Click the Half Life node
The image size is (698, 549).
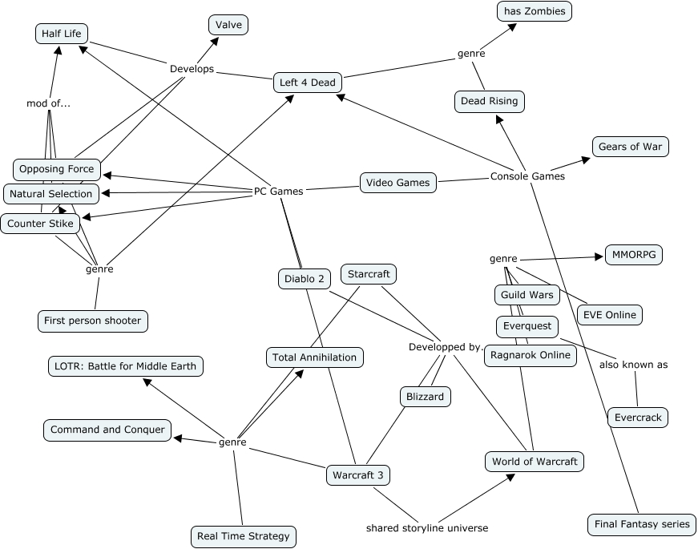62,33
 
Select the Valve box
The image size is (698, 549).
228,25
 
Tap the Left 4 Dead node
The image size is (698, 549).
307,83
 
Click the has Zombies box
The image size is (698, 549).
535,11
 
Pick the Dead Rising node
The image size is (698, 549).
489,101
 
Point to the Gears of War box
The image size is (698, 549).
630,147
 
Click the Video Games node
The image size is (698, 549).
398,182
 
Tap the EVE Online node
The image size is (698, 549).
610,315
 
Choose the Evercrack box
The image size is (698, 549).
637,418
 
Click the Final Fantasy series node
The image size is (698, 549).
642,524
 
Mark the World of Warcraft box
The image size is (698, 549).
535,462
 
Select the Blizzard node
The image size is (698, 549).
425,396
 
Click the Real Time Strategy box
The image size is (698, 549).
244,536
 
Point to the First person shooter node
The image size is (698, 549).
93,321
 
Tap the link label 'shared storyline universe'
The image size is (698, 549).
427,528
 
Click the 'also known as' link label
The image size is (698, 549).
633,365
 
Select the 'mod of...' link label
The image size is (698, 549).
48,103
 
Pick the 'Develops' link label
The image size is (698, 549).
192,69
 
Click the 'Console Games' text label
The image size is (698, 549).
527,176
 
